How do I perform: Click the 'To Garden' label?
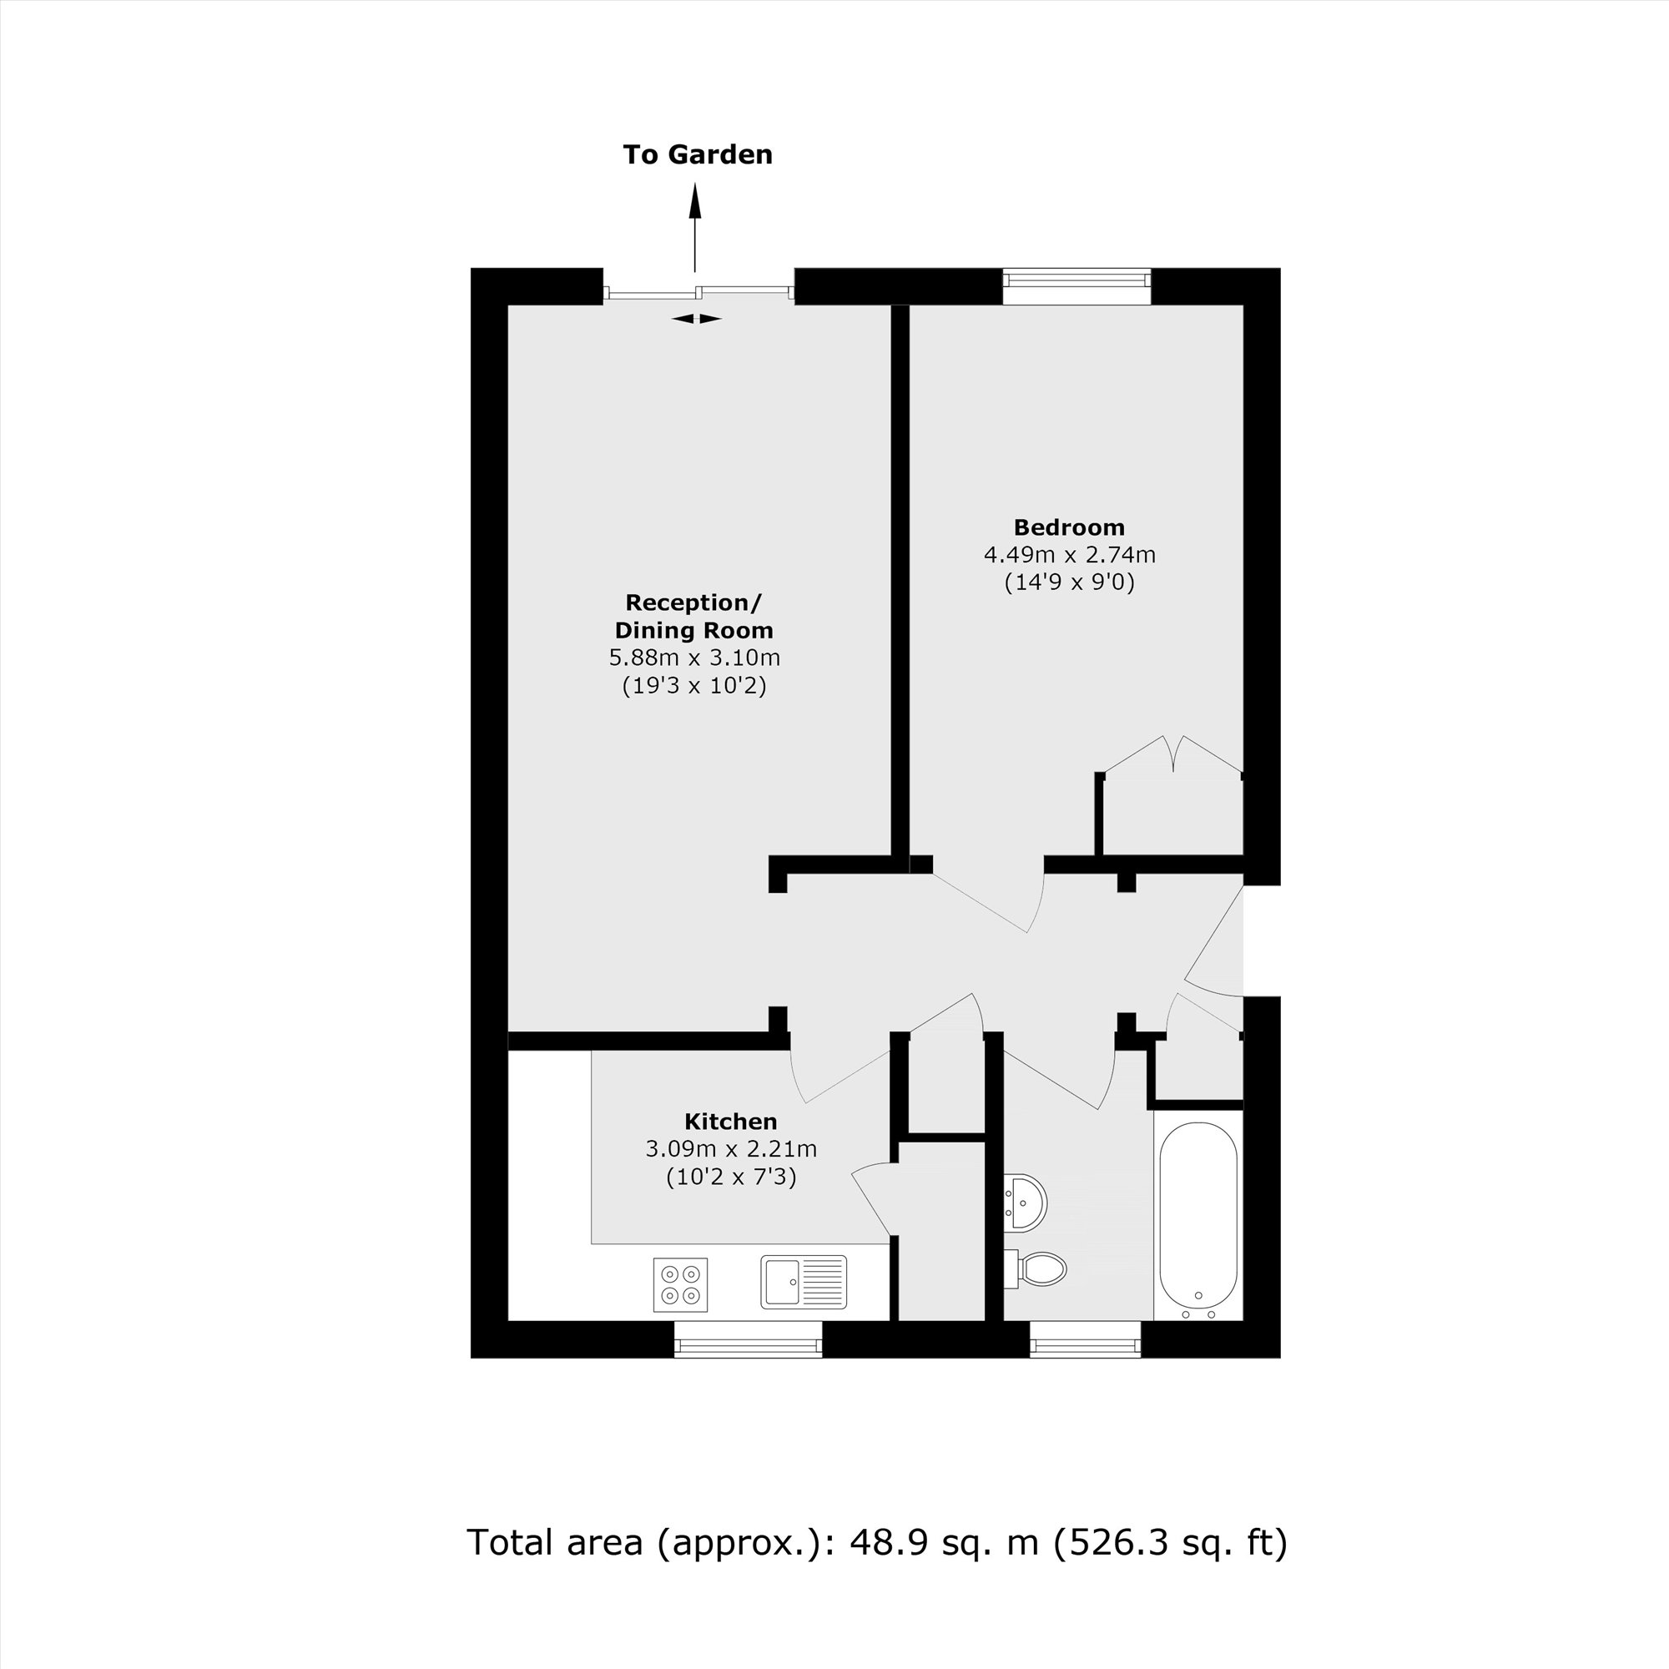click(x=697, y=154)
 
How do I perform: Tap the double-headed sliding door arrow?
click(x=696, y=319)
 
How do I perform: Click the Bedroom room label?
click(x=1069, y=527)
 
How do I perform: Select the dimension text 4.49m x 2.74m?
click(x=1069, y=555)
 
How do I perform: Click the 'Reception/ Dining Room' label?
click(x=693, y=616)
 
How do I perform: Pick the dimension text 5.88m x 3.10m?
click(x=693, y=658)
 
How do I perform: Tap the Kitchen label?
click(x=730, y=1122)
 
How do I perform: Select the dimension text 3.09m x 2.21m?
click(x=730, y=1149)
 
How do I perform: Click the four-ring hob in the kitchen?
click(x=680, y=1284)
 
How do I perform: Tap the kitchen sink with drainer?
click(x=804, y=1282)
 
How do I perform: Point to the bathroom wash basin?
click(x=1026, y=1202)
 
